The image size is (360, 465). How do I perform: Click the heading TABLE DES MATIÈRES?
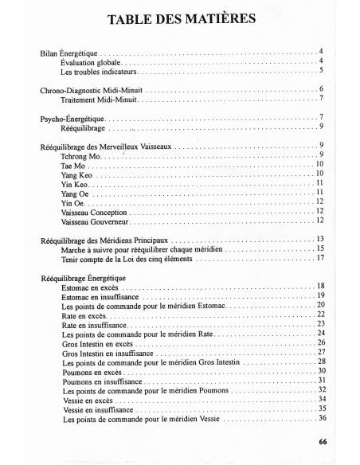(180, 20)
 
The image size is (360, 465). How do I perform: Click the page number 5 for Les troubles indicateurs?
(320, 71)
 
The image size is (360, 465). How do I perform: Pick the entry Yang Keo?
(76, 174)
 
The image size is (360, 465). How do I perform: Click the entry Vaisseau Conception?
(93, 213)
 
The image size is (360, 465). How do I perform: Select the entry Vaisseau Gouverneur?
(93, 221)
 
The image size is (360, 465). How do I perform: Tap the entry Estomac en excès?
(90, 287)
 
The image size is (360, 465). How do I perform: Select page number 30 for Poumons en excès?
(320, 371)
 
